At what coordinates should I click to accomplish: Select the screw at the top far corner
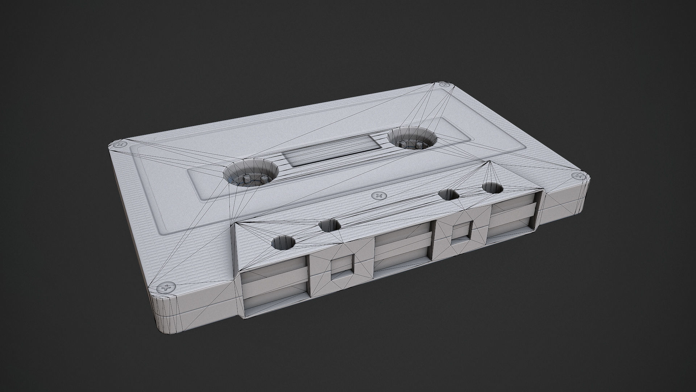pyautogui.click(x=443, y=85)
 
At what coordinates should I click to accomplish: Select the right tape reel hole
pyautogui.click(x=412, y=138)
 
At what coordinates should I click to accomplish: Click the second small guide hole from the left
pyautogui.click(x=330, y=225)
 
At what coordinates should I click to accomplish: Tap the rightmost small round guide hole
pyautogui.click(x=492, y=188)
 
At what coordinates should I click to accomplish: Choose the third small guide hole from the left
pyautogui.click(x=449, y=195)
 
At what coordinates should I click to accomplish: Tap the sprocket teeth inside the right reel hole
pyautogui.click(x=411, y=145)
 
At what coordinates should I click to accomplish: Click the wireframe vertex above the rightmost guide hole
pyautogui.click(x=490, y=161)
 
